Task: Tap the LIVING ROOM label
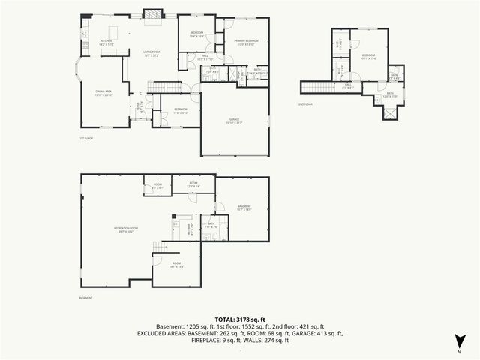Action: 153,53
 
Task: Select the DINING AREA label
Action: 103,94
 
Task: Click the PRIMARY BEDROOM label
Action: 246,42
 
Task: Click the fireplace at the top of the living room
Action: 152,13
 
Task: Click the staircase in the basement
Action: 160,248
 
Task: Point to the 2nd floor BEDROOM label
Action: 367,56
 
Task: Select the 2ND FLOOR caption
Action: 305,104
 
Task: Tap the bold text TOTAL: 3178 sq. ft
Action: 239,319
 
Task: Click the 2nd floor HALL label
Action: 347,85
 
